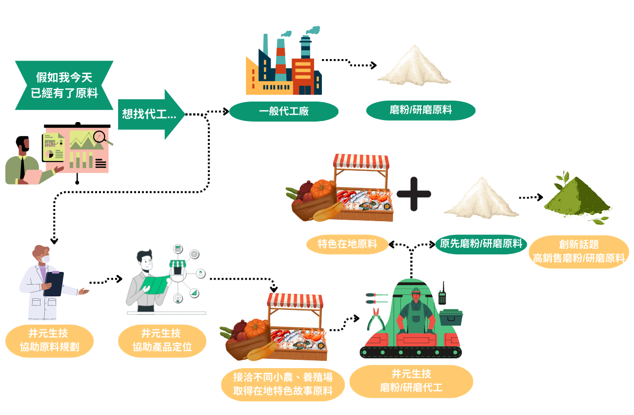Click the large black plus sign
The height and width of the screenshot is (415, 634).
(x=414, y=193)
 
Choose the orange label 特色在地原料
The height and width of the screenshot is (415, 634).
(x=347, y=244)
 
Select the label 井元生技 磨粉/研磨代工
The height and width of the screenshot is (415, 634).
(x=411, y=381)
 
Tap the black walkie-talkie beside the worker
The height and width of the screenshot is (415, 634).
(x=443, y=294)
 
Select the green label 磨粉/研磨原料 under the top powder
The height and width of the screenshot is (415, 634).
(x=420, y=110)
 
